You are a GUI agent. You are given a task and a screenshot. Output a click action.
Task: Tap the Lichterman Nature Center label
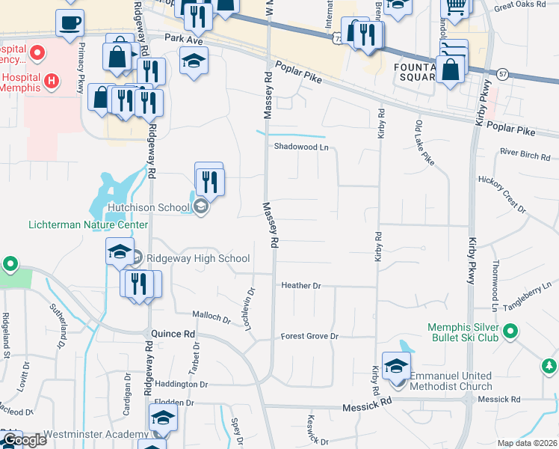[88, 224]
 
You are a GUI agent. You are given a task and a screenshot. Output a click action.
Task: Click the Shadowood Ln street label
[301, 147]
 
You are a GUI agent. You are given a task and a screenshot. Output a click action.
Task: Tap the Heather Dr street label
[300, 286]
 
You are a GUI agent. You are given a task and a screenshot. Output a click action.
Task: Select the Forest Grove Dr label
[309, 337]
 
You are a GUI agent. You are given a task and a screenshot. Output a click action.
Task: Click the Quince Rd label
[173, 334]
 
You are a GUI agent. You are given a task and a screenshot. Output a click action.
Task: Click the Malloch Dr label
[211, 317]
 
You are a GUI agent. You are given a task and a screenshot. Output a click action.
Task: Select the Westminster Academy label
[95, 435]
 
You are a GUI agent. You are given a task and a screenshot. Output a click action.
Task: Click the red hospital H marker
[51, 80]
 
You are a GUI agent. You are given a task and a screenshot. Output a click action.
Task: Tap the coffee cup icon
[70, 23]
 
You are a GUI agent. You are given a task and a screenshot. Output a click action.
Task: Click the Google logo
[24, 441]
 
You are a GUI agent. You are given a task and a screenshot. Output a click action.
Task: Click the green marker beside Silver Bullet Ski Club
[511, 330]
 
